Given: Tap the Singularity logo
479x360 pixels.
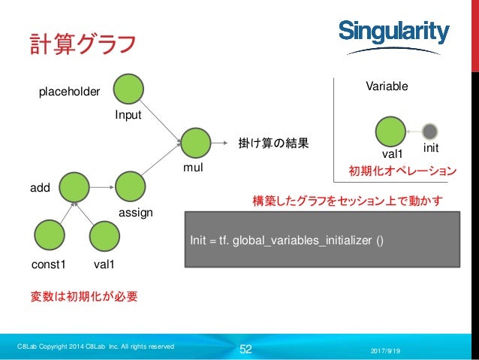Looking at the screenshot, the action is coord(393,32).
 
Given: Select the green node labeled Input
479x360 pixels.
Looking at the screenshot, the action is coord(128,89).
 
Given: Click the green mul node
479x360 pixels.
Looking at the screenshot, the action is coord(195,142).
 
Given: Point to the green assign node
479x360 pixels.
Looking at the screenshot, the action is coord(131,186).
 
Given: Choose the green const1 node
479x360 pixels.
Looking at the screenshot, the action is coord(49,236).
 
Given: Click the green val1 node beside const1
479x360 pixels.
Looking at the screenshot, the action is coord(104,236).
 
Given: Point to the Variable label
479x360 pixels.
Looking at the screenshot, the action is coord(387,86).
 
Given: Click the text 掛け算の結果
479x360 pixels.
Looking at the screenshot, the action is coord(273,142).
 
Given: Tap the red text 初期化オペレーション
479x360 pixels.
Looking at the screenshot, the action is coord(402,171).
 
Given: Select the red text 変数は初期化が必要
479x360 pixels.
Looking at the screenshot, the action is coord(83,296).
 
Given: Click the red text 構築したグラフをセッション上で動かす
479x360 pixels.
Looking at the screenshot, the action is coord(348,201).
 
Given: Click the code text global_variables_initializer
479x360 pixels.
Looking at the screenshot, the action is coord(303,241).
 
